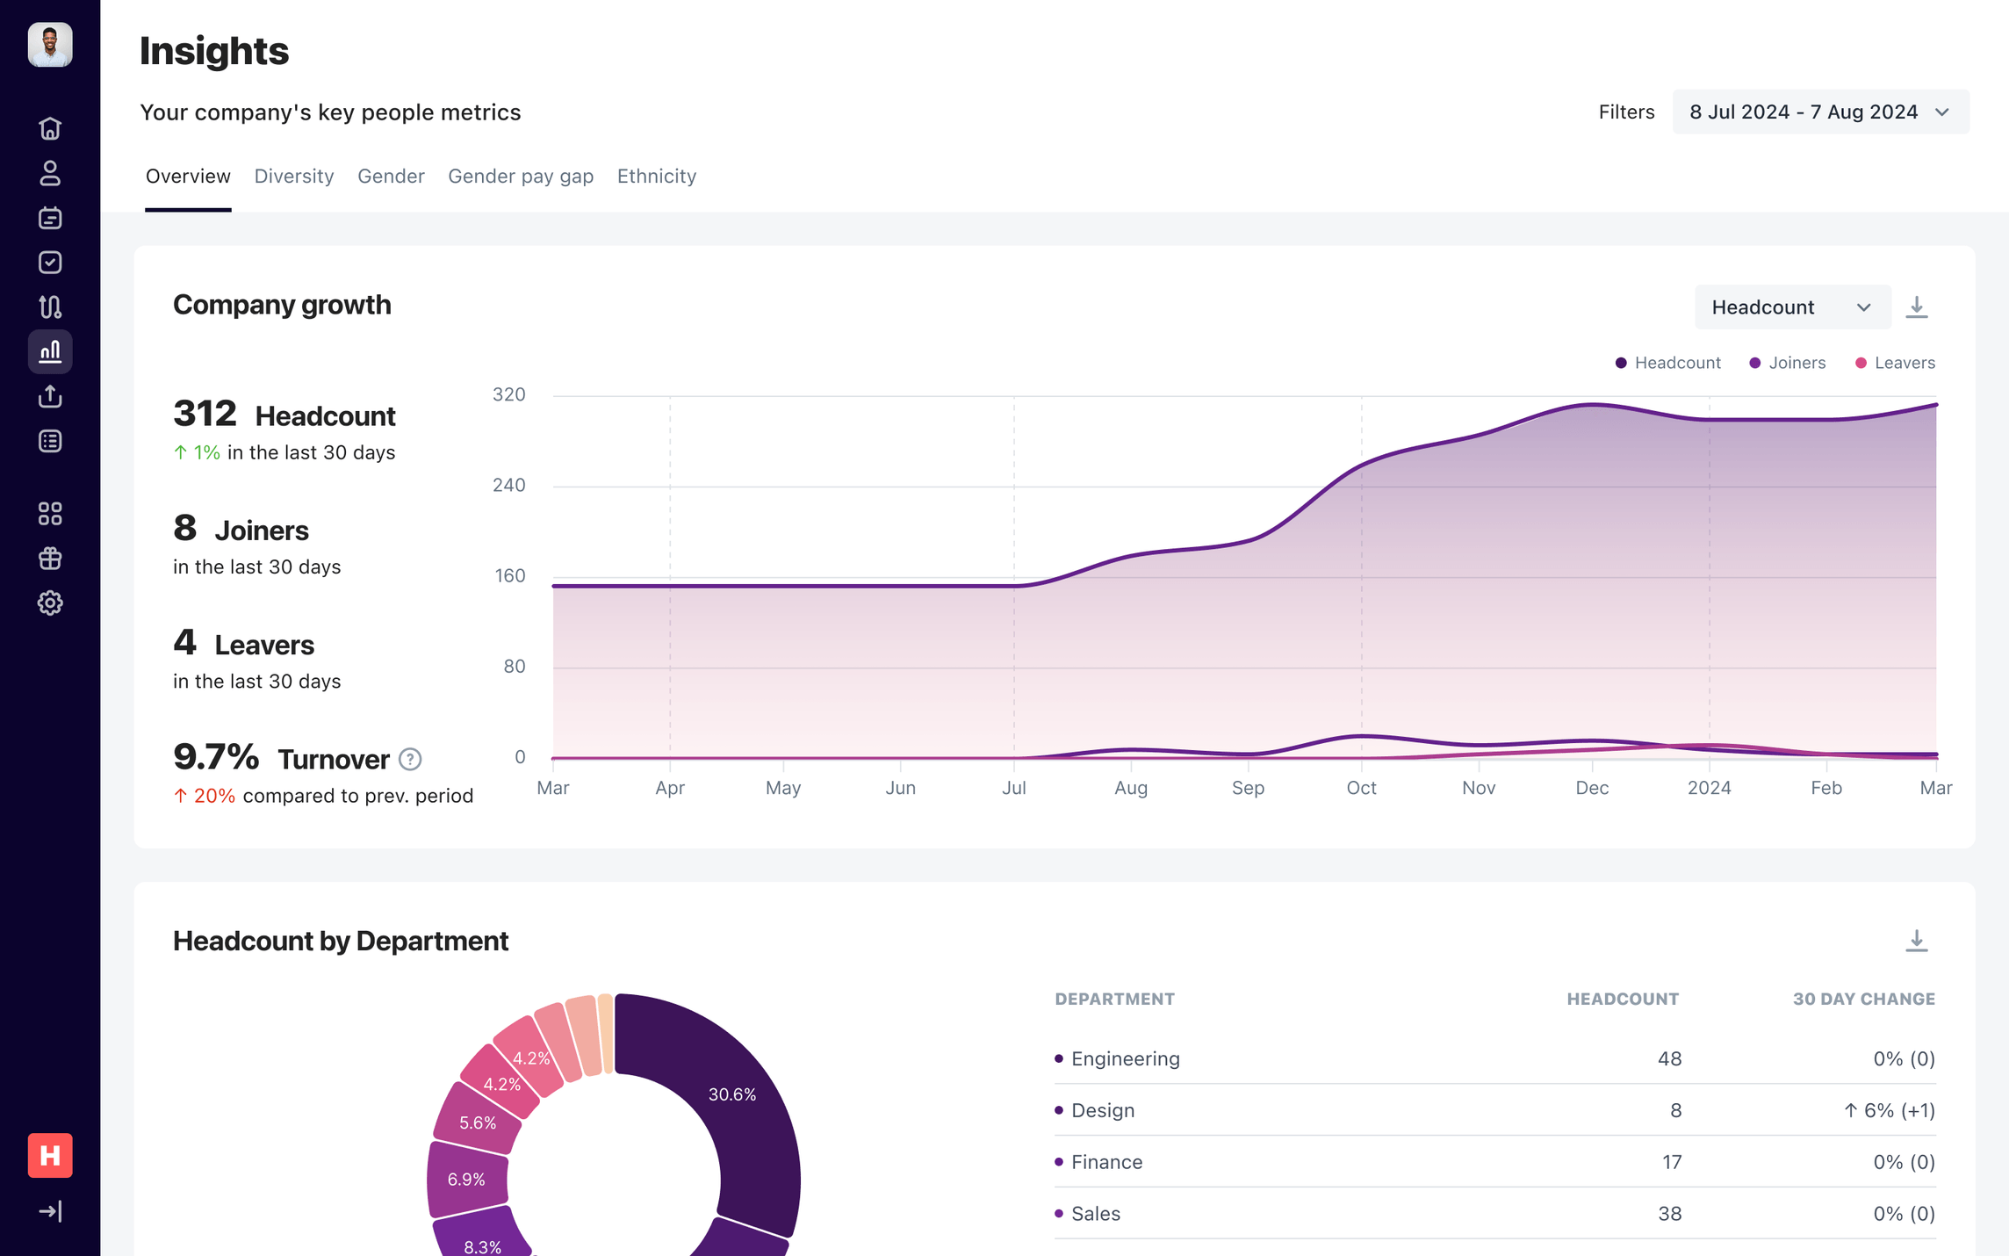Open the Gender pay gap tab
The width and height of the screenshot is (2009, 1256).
[x=520, y=177]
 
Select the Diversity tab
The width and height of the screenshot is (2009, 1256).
[x=293, y=177]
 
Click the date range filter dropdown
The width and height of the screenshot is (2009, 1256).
[x=1819, y=112]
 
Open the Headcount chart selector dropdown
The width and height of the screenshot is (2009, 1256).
[x=1791, y=307]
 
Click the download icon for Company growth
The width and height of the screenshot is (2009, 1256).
[x=1916, y=307]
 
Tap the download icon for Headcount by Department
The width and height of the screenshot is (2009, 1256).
[x=1916, y=941]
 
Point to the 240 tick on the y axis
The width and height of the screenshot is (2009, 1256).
[x=509, y=486]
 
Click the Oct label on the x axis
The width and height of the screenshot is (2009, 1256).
[x=1361, y=788]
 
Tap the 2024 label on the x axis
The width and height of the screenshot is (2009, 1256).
[x=1709, y=788]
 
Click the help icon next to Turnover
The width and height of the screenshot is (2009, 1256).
[x=410, y=759]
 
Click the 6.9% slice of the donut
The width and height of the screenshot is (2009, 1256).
[x=466, y=1180]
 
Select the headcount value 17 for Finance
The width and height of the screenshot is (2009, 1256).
[x=1671, y=1162]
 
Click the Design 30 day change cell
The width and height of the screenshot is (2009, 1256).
[x=1888, y=1110]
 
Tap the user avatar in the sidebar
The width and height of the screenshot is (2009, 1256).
[x=50, y=45]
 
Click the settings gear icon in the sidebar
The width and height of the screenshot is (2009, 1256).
[x=50, y=603]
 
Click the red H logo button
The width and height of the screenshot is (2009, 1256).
[x=50, y=1155]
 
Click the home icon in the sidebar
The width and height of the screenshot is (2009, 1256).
[x=50, y=129]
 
